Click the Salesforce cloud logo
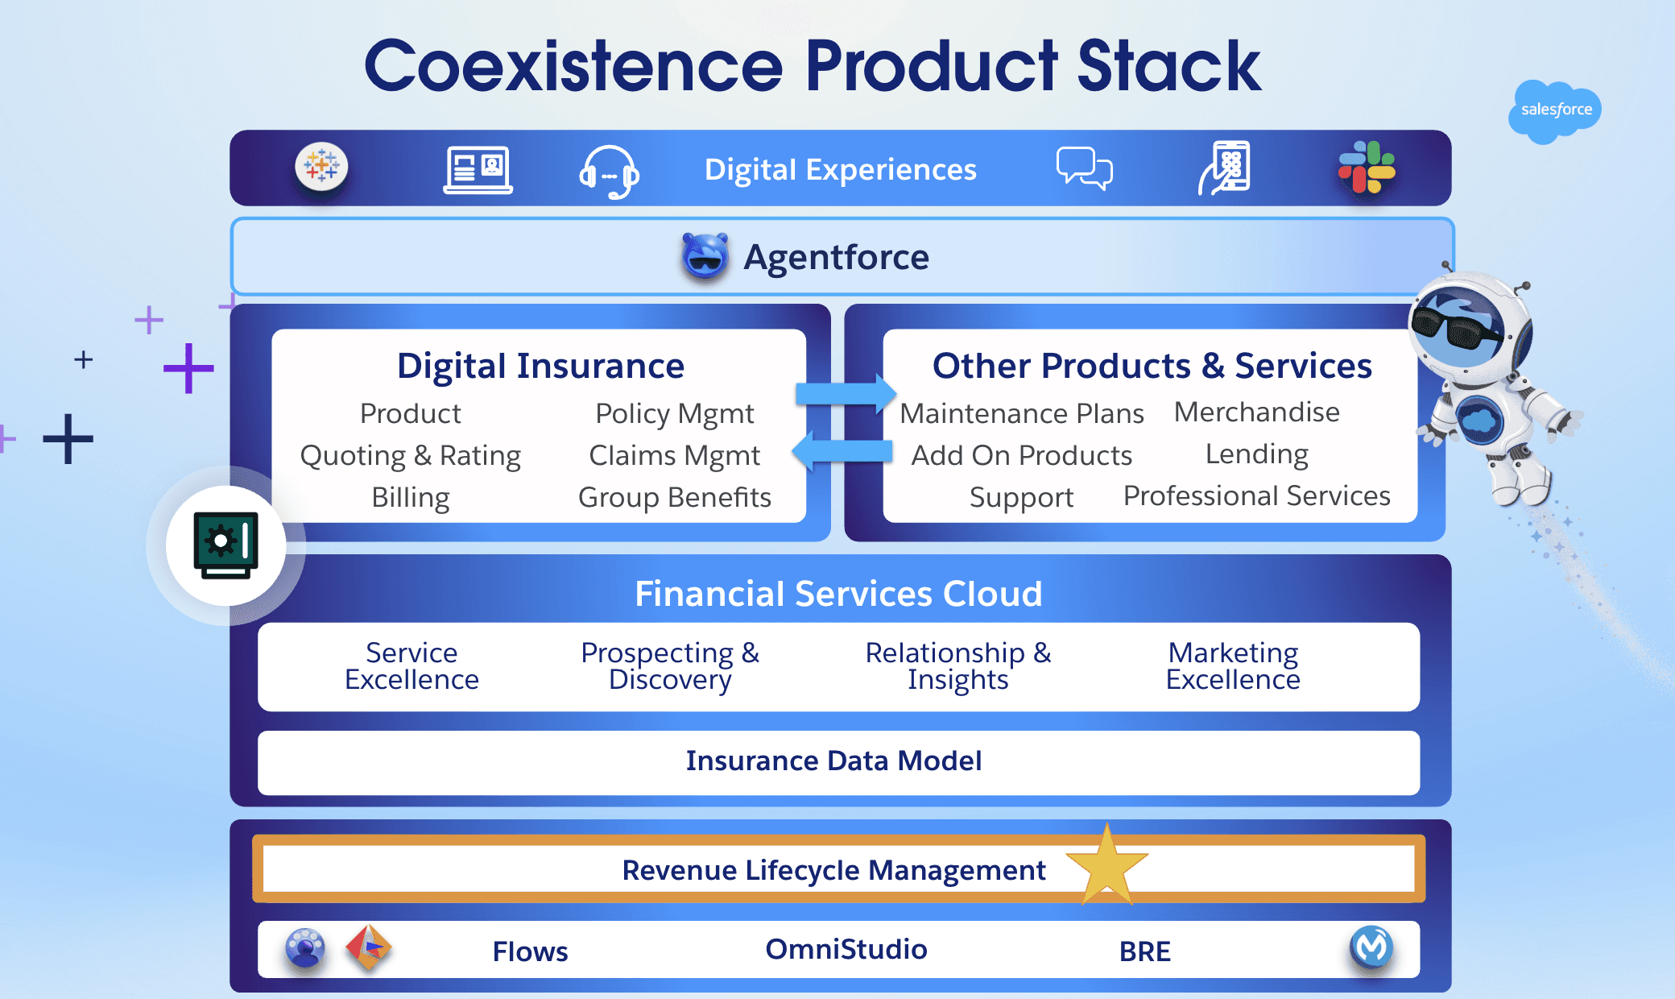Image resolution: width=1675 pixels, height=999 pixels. coord(1554,111)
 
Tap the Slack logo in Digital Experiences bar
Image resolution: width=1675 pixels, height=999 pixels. coord(1367,168)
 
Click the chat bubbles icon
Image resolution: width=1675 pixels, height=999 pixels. coord(1084,168)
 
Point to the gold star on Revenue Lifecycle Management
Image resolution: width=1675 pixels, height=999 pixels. coord(1107,866)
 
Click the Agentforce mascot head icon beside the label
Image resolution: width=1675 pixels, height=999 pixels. coord(705,256)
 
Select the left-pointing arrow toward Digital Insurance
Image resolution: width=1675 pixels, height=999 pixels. coord(842,450)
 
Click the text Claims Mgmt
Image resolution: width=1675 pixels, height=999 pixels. coord(675,456)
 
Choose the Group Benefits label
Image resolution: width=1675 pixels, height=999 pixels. coord(675,498)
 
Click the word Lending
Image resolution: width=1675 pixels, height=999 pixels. coord(1257,454)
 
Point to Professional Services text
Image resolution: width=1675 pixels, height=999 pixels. coord(1257,496)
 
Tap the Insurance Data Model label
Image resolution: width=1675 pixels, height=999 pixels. coord(833,761)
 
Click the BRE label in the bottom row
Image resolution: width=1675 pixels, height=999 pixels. coord(1145,951)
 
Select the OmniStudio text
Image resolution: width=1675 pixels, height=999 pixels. coord(846,949)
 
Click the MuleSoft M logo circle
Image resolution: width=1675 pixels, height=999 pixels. coord(1371,947)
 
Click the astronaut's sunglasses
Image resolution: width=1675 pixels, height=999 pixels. coord(1457,326)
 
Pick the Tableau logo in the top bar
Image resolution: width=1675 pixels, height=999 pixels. coord(321,167)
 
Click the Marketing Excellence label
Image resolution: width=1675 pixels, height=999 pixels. coord(1233,666)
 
